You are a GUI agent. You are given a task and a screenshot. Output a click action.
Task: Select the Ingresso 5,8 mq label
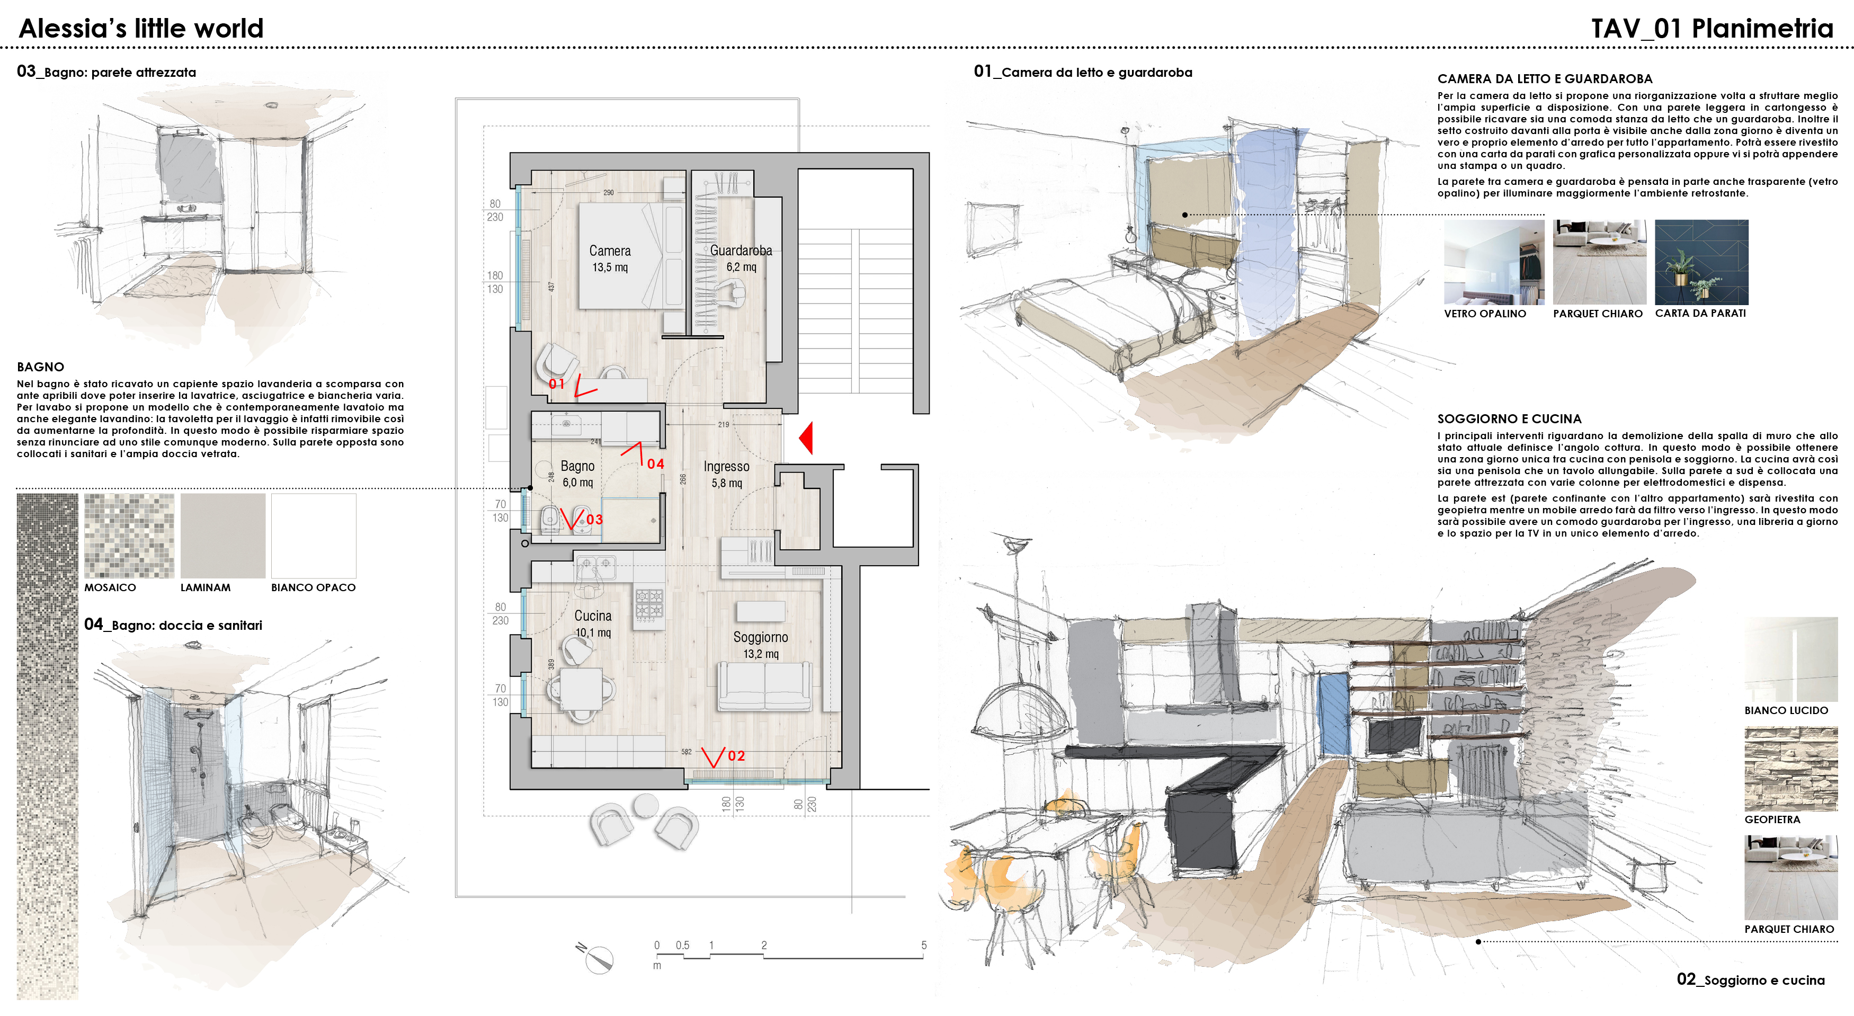click(x=726, y=474)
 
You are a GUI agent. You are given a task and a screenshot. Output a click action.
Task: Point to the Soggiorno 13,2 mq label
click(x=760, y=645)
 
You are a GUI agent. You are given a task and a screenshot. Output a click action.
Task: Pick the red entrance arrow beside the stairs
click(x=806, y=438)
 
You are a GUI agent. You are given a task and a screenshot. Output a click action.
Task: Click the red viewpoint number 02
click(x=736, y=755)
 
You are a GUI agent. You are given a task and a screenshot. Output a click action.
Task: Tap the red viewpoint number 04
click(x=655, y=464)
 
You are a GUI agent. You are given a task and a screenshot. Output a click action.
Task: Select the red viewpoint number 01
click(x=556, y=384)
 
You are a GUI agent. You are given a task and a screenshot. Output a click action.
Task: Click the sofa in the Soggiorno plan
click(x=764, y=687)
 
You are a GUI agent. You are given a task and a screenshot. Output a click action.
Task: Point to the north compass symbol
click(x=596, y=958)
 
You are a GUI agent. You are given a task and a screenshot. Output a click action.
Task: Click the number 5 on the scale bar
click(x=923, y=946)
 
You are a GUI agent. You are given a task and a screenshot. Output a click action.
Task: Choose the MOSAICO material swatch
click(x=129, y=536)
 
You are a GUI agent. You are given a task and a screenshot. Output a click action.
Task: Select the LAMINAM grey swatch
click(x=223, y=536)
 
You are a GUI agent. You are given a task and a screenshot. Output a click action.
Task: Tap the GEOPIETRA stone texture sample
click(x=1790, y=769)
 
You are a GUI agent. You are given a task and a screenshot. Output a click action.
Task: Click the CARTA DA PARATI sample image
click(x=1701, y=262)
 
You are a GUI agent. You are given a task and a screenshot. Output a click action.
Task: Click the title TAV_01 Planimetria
click(x=1712, y=28)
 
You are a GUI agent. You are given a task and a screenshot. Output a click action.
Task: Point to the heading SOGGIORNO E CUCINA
click(x=1509, y=419)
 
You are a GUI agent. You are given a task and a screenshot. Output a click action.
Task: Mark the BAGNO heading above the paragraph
click(x=40, y=367)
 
